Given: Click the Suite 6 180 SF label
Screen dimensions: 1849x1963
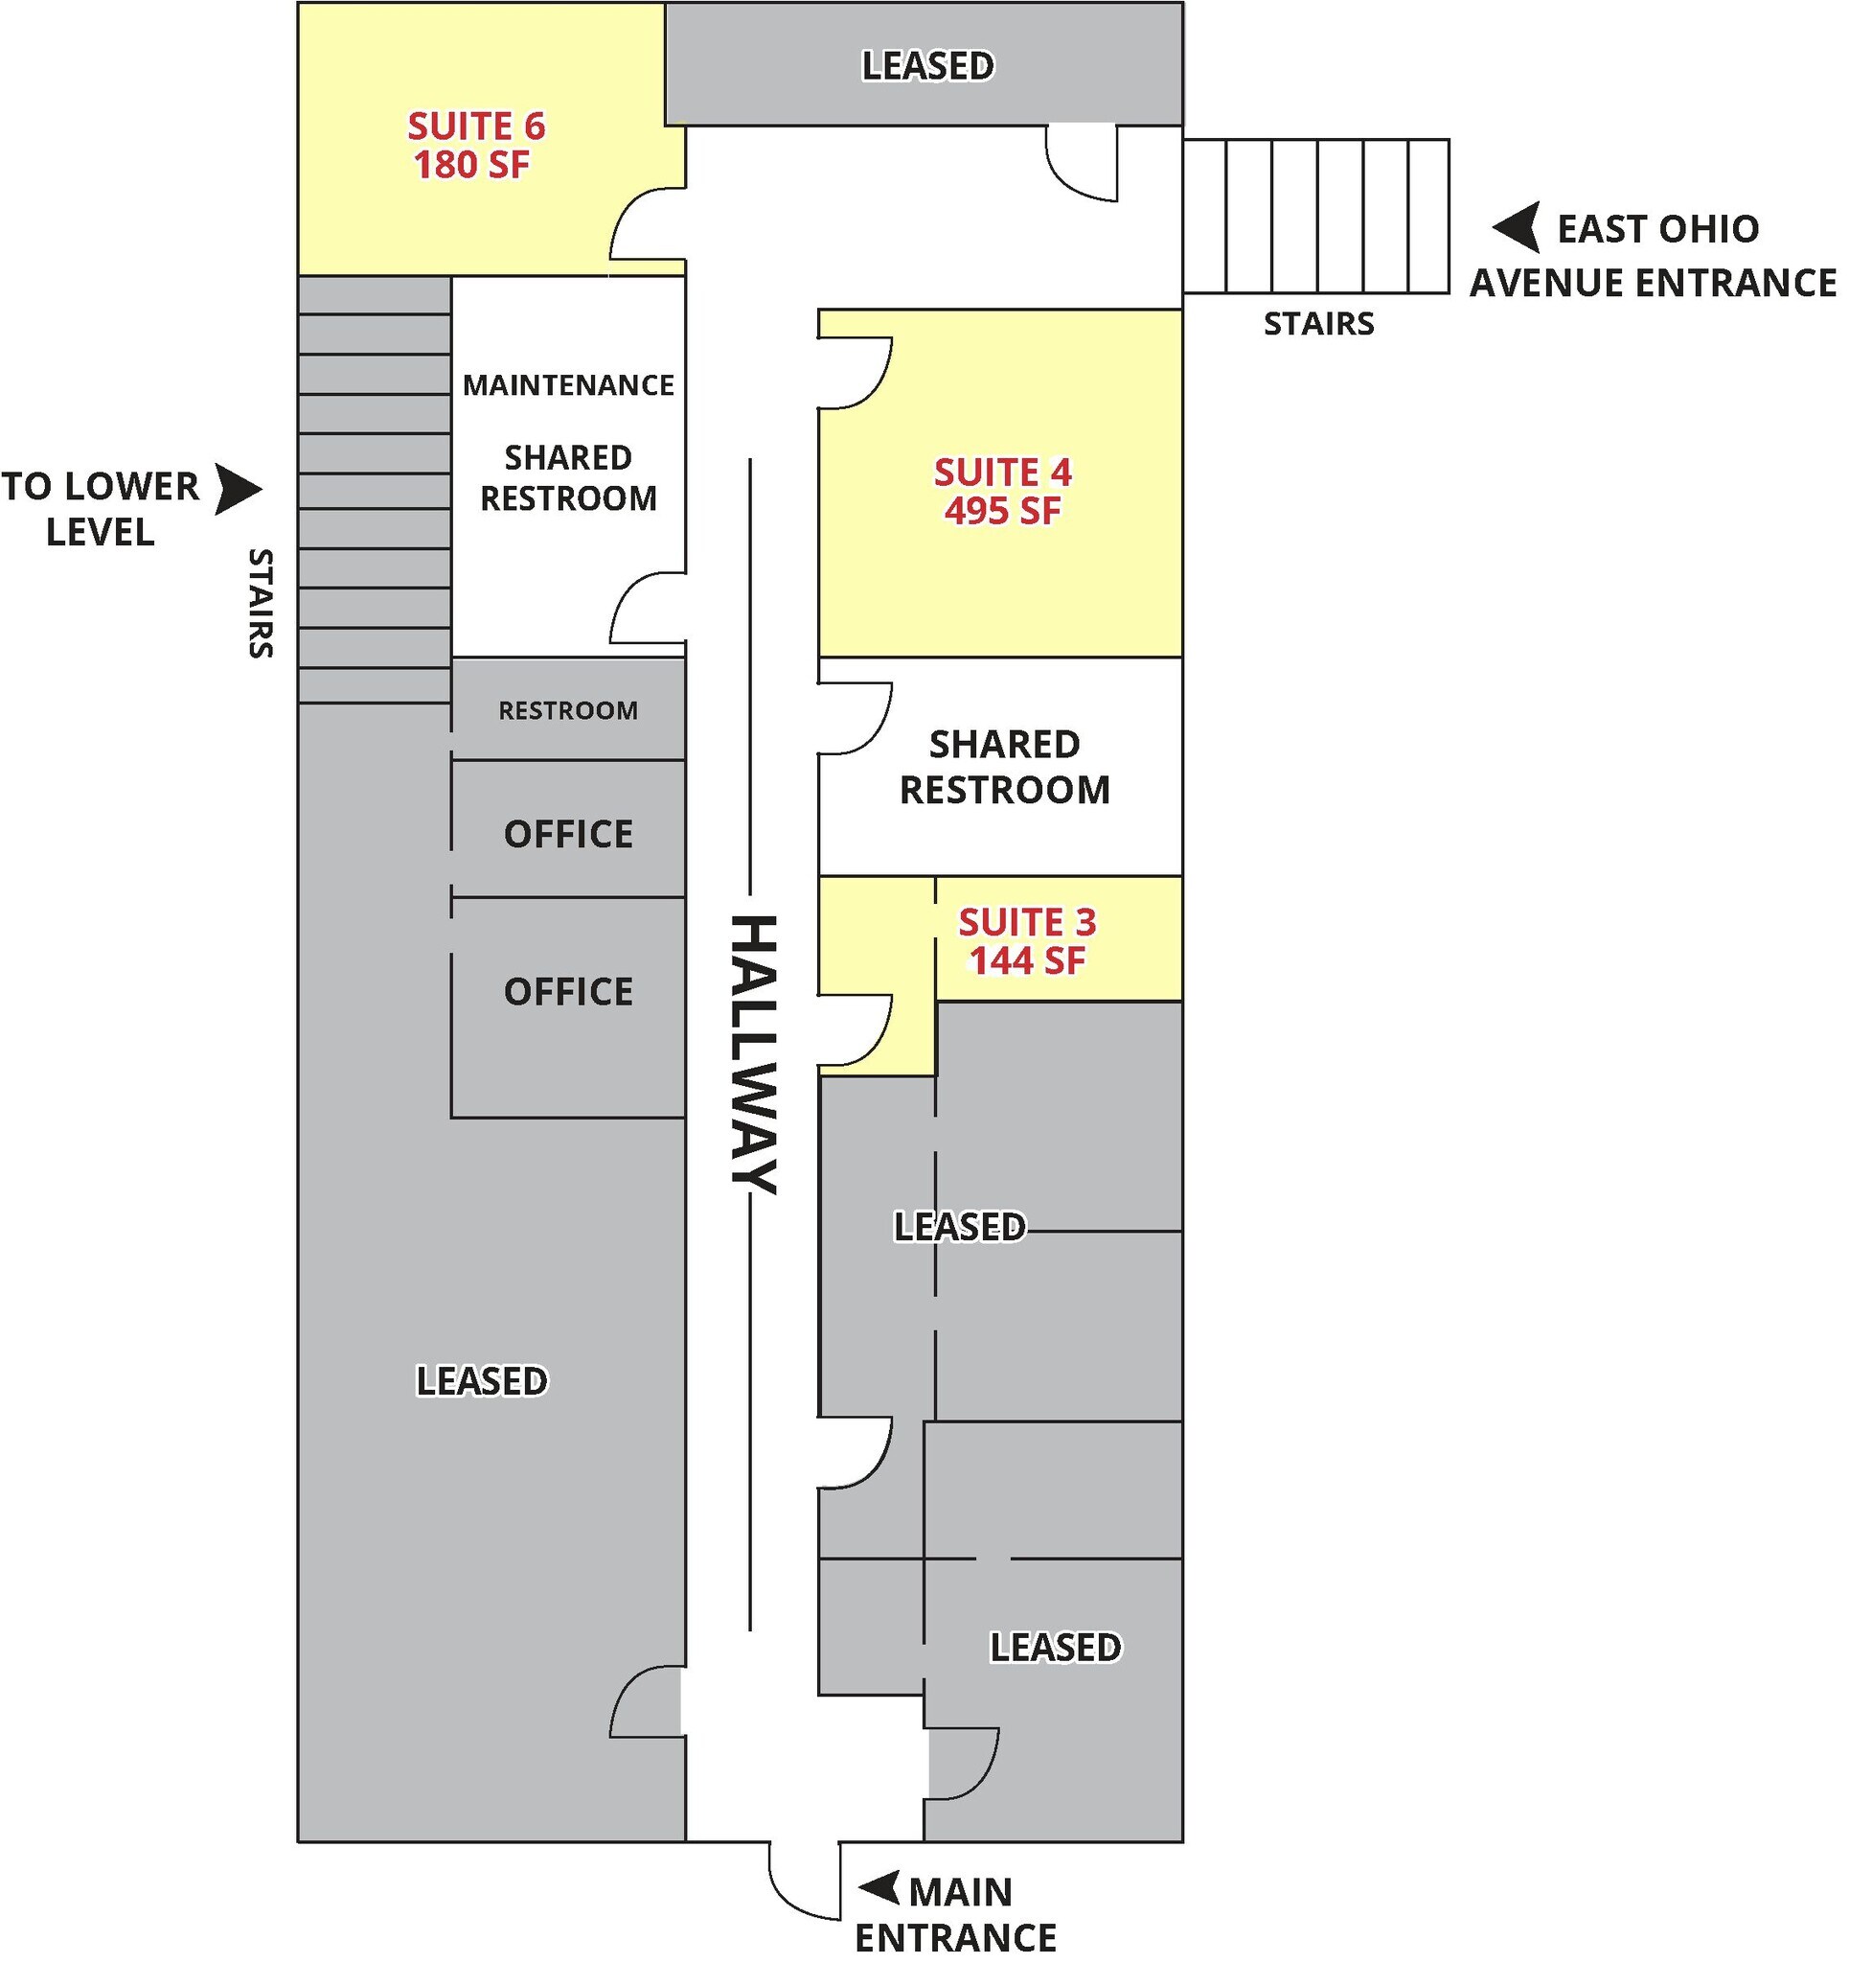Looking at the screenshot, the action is pos(476,145).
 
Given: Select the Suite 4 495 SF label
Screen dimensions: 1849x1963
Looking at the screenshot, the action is pos(1002,492).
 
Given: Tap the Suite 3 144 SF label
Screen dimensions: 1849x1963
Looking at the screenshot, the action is pos(1027,941).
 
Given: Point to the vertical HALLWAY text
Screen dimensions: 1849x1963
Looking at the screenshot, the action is pos(755,1054).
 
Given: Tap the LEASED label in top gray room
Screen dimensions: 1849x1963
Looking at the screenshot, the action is pos(928,66).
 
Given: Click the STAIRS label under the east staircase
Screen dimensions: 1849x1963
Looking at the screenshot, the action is pos(1319,324).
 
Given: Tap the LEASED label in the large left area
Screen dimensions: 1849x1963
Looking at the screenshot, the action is pos(481,1380).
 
